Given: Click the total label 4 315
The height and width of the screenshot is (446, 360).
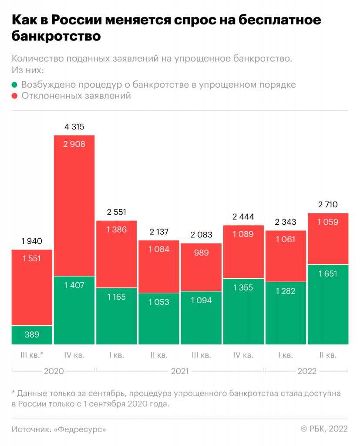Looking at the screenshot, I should (x=74, y=127).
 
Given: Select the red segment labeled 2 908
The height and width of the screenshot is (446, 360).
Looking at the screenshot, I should (x=74, y=205).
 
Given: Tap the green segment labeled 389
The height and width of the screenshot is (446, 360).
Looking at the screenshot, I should (x=32, y=335).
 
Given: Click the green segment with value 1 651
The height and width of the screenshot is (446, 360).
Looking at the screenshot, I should (x=328, y=304).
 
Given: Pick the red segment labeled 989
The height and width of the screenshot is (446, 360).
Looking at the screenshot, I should (x=201, y=267).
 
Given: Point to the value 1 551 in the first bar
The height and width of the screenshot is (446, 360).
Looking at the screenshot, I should (x=32, y=258).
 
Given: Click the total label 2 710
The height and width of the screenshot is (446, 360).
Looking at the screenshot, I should (x=328, y=205).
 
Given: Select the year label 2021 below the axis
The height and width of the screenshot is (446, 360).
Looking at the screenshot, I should (x=180, y=372).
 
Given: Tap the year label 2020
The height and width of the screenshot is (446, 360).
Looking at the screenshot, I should (x=54, y=372).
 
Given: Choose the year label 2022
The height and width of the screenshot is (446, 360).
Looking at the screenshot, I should (x=307, y=372).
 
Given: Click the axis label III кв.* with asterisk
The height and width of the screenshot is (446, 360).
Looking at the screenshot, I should (x=32, y=355).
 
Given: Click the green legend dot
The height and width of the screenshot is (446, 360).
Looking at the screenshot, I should (x=15, y=85).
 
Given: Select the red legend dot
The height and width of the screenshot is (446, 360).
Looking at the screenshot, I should (x=15, y=96).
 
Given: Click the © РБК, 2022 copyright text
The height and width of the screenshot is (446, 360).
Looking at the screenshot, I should (x=324, y=429).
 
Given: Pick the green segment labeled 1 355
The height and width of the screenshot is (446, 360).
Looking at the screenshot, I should (x=243, y=311).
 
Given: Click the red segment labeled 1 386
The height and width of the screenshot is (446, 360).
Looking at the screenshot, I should (x=116, y=254).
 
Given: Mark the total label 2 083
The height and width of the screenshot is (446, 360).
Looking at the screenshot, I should (x=201, y=234).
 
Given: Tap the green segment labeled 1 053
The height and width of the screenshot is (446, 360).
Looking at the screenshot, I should (x=159, y=318).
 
